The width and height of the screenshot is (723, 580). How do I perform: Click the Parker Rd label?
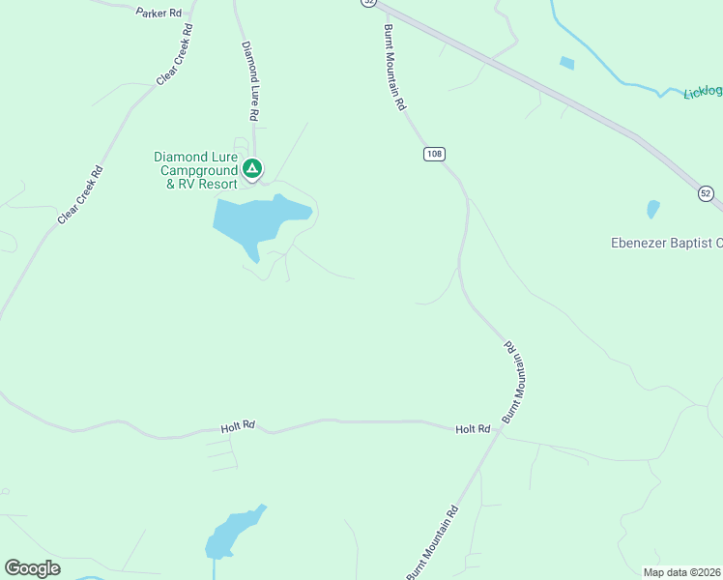click(159, 13)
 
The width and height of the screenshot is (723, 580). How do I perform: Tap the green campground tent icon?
click(251, 170)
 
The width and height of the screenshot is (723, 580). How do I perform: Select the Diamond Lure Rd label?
click(250, 80)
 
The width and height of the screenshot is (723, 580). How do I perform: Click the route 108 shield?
click(434, 154)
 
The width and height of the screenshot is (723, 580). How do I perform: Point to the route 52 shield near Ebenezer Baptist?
click(706, 194)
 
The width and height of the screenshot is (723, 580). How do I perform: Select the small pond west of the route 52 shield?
click(652, 209)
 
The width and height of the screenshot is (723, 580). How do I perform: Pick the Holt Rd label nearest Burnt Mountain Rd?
click(473, 428)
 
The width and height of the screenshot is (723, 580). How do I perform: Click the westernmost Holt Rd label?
click(236, 424)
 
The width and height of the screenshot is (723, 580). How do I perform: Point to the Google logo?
click(32, 568)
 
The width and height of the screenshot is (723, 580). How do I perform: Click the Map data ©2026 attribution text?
click(682, 572)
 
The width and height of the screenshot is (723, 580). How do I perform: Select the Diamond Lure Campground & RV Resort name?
click(196, 170)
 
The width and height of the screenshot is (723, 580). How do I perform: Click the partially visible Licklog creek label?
click(703, 92)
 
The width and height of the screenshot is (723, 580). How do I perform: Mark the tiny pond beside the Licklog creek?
click(566, 63)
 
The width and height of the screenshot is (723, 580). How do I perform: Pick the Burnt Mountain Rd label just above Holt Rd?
click(516, 380)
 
